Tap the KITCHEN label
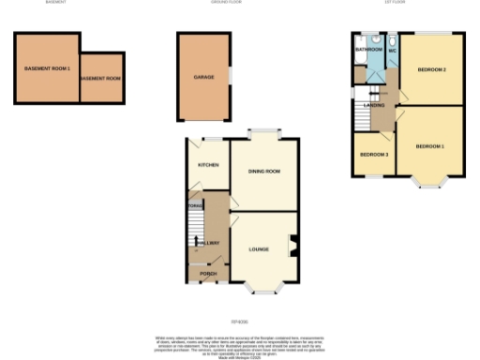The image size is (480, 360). pos(207,165)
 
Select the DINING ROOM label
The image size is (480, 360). pos(264,172)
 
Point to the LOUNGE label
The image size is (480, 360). pos(260,249)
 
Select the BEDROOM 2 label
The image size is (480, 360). pos(430,70)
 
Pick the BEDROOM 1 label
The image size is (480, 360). pos(429,146)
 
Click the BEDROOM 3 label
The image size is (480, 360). pos(375,153)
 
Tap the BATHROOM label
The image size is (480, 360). pos(367,49)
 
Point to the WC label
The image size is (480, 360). pos(393,49)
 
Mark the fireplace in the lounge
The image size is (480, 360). pos(294,246)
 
